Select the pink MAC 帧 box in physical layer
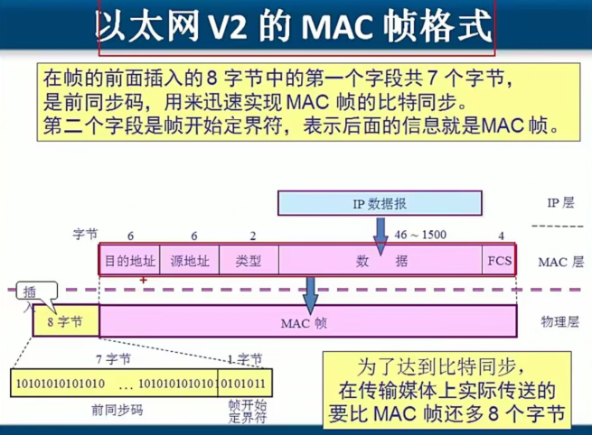click(x=308, y=321)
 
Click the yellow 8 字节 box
click(x=65, y=321)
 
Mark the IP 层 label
click(x=560, y=203)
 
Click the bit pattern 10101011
click(x=245, y=383)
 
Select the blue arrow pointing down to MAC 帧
click(x=310, y=291)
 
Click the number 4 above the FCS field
click(x=501, y=236)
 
